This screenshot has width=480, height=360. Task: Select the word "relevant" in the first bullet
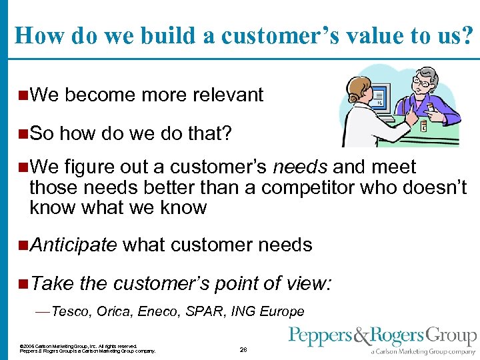click(228, 95)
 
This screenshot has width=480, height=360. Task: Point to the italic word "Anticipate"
click(73, 245)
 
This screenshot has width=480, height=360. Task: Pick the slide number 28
click(243, 349)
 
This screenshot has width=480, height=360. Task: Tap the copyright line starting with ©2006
click(78, 347)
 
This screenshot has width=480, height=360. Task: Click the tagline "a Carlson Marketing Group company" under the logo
click(423, 351)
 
